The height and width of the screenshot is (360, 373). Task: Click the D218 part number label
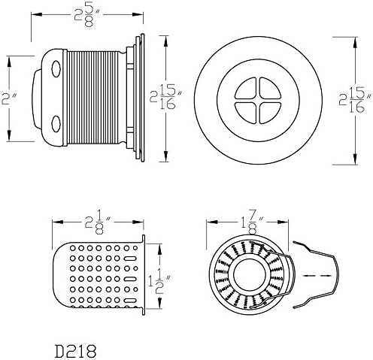(x=75, y=351)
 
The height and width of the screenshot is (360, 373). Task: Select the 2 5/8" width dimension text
(x=87, y=16)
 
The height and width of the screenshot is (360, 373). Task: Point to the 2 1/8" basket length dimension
(x=98, y=223)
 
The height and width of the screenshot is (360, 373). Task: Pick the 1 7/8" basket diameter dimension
(x=252, y=223)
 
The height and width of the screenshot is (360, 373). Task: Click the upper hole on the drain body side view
(x=56, y=69)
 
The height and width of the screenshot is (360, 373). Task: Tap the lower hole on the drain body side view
(x=56, y=123)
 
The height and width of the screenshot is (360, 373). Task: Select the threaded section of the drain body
(x=93, y=98)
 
